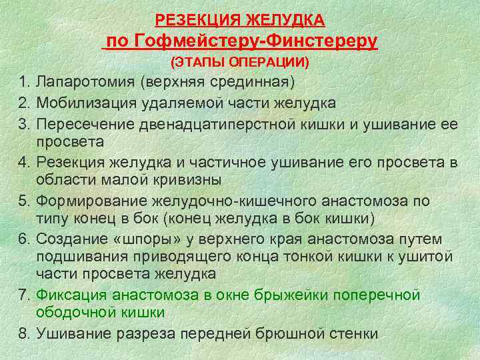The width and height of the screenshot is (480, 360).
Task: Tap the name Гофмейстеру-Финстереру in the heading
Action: (257, 41)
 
